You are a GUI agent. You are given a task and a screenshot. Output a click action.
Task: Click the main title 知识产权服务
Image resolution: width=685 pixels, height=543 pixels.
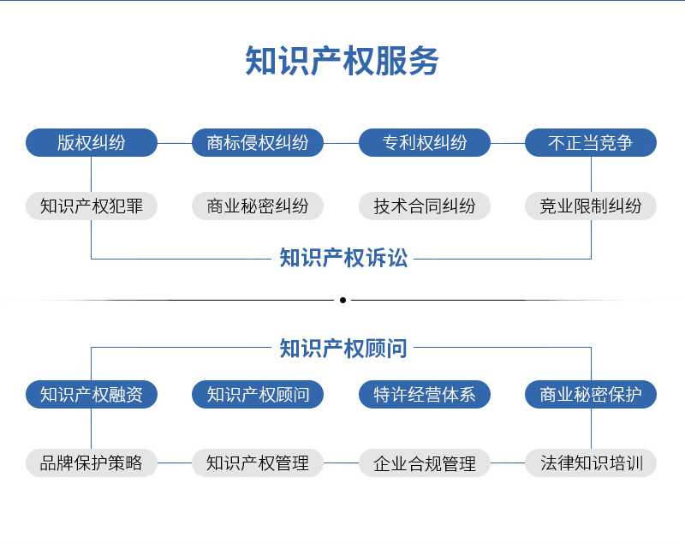[x=342, y=61]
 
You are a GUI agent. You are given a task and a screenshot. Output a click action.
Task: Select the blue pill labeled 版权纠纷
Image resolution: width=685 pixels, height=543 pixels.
[x=92, y=142]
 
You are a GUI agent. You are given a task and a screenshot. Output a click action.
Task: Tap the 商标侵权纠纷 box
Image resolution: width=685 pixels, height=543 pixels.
[x=258, y=142]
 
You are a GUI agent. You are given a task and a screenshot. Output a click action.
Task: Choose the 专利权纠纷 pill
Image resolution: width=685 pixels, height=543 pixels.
[x=425, y=142]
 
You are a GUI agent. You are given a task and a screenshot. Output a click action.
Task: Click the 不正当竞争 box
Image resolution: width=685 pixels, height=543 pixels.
[x=591, y=142]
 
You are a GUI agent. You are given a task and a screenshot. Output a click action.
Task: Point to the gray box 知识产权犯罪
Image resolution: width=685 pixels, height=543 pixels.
[x=92, y=206]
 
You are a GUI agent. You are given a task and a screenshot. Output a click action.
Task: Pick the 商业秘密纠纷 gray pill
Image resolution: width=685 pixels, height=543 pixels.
[x=258, y=206]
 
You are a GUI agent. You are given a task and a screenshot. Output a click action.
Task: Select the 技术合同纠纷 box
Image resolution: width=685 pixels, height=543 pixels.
[x=425, y=206]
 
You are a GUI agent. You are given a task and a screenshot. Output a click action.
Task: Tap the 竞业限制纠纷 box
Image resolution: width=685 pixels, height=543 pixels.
[x=591, y=206]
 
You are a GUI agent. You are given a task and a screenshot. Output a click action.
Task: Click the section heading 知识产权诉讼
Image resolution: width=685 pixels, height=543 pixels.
[x=343, y=258]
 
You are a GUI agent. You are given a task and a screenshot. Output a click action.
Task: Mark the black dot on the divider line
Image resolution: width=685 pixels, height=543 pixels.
[x=343, y=300]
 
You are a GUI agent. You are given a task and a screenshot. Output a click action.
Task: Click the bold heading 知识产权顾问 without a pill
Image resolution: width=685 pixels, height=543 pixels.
[x=343, y=349]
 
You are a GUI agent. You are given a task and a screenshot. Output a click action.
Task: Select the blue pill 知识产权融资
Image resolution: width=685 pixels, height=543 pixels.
[x=92, y=395]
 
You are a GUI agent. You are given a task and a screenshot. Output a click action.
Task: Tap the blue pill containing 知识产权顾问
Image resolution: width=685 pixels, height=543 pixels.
[x=258, y=395]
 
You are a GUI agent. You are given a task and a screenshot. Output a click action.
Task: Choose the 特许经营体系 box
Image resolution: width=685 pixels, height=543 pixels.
[x=425, y=395]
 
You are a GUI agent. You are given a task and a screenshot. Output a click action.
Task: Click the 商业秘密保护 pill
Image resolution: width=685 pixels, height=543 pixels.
[x=591, y=395]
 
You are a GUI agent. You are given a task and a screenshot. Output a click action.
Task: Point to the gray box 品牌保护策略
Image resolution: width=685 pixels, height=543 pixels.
[x=92, y=462]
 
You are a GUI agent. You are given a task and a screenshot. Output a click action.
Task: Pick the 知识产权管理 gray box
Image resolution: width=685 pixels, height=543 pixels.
[x=258, y=462]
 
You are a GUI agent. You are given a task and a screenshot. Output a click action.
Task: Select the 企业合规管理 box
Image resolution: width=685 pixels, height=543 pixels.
[x=425, y=462]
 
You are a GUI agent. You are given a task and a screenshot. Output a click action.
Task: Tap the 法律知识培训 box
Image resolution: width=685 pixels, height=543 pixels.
[x=591, y=462]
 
